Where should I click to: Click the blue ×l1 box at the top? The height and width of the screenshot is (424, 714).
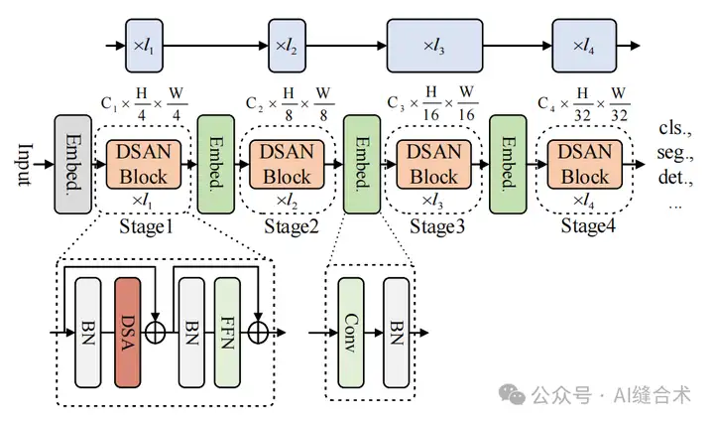(x=143, y=46)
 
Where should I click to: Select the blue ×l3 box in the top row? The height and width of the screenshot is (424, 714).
(x=433, y=46)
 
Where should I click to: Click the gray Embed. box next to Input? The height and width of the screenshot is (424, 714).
(x=71, y=165)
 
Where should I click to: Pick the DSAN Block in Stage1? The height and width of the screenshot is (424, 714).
(x=144, y=165)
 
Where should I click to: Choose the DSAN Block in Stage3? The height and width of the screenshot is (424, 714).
(x=434, y=165)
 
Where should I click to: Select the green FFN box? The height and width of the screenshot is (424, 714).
(x=228, y=331)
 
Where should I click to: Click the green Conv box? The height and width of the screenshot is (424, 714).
(x=351, y=331)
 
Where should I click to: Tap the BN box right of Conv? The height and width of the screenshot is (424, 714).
(x=397, y=331)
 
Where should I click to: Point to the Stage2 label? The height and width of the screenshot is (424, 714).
(x=290, y=225)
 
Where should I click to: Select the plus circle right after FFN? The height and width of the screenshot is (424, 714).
(x=259, y=333)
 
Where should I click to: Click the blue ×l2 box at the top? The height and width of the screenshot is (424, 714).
(x=287, y=46)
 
